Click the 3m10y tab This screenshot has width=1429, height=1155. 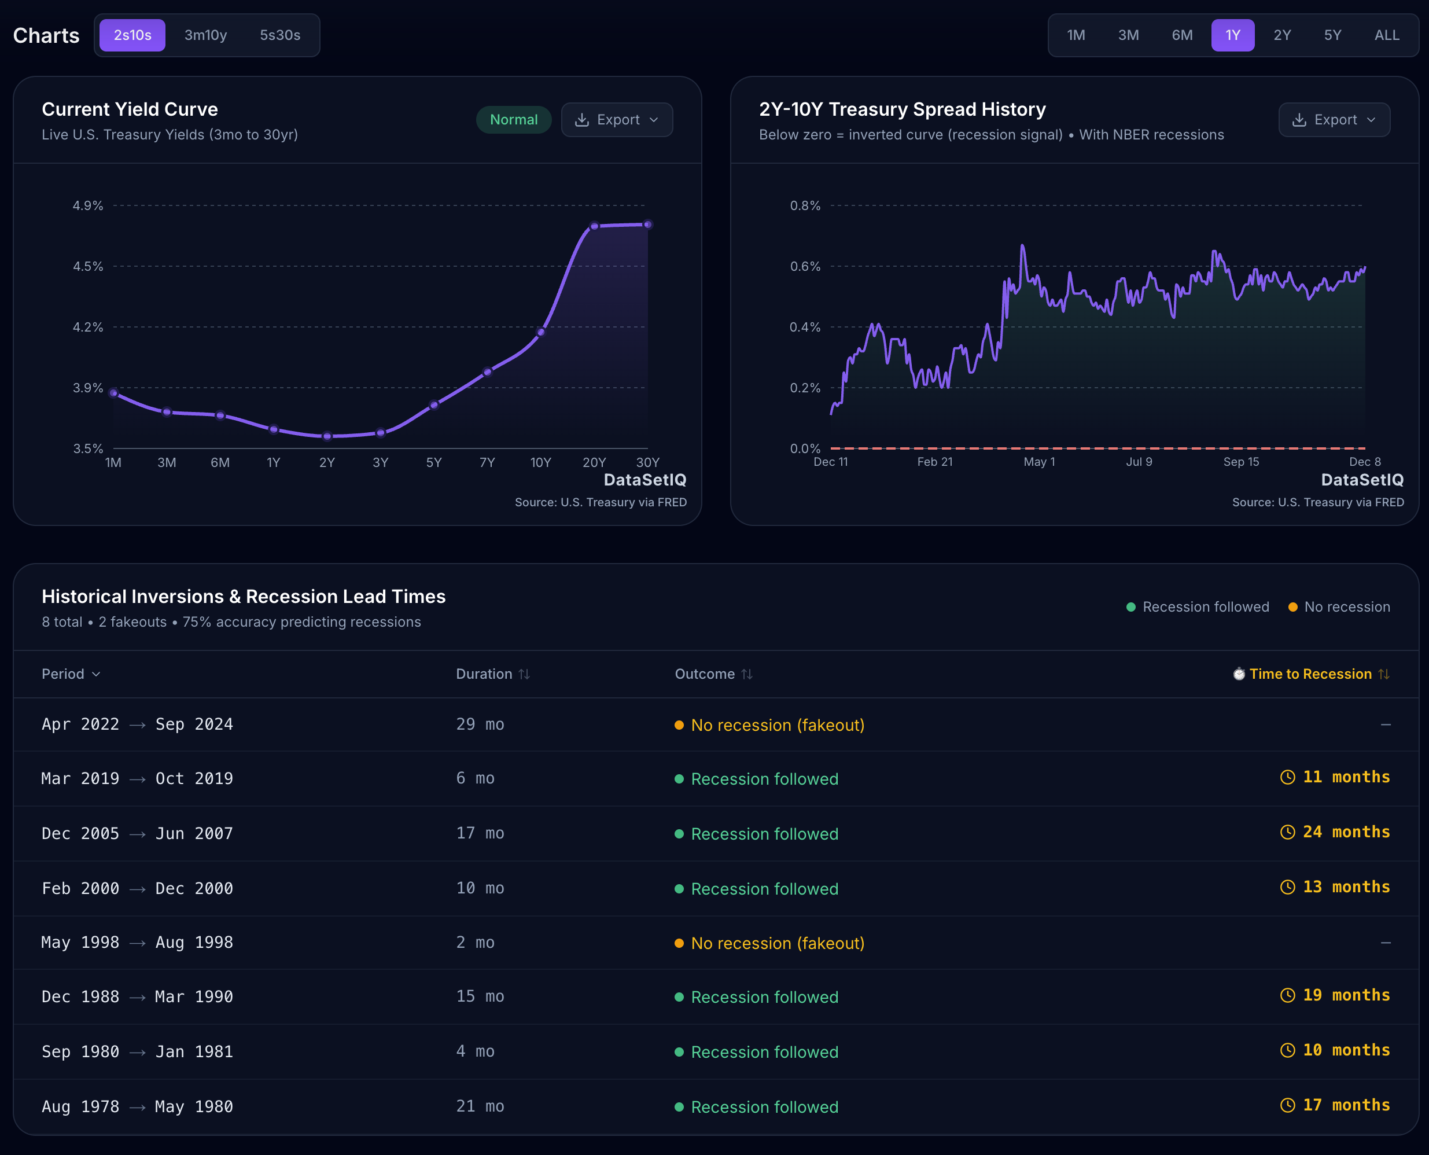click(205, 35)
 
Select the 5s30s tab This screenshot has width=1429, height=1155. click(279, 35)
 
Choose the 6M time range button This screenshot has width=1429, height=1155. click(1181, 35)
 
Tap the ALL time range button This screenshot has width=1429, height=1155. click(1386, 35)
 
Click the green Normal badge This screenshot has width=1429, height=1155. click(513, 120)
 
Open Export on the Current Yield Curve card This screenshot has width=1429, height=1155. click(617, 120)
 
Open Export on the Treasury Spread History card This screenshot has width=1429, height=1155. click(1334, 120)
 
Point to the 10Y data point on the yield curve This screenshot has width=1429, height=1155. click(541, 332)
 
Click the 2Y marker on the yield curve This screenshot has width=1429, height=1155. click(327, 436)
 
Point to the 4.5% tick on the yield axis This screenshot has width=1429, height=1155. click(88, 266)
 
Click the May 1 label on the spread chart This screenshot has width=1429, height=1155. click(1038, 462)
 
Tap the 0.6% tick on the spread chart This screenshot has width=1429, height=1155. click(804, 266)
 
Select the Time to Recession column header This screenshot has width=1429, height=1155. click(1310, 674)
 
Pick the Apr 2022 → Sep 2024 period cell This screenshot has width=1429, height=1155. click(137, 724)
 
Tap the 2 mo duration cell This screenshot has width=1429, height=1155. click(475, 942)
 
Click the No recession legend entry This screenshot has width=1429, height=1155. click(1339, 607)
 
